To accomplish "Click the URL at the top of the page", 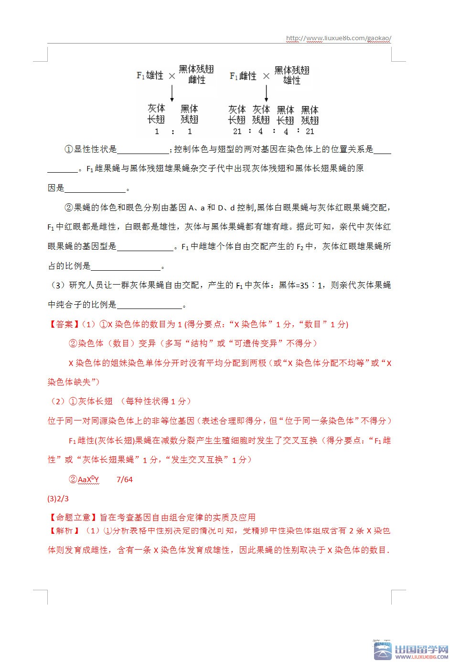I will click(339, 38).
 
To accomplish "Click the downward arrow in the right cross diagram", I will click(266, 92).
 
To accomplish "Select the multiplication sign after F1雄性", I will click(171, 76).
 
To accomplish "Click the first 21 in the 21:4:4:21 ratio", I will click(237, 131).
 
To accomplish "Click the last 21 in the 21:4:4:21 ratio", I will click(310, 131).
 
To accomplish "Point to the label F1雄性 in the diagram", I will click(150, 76).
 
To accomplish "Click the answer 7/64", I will click(125, 479).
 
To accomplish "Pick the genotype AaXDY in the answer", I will click(88, 479).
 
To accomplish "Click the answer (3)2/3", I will click(58, 499).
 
